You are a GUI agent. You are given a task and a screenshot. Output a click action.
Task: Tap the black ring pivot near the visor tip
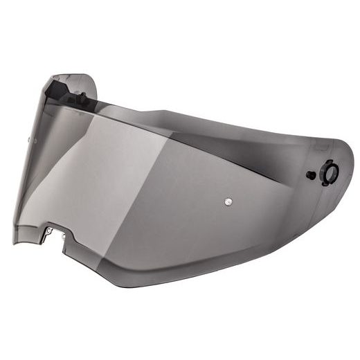click(330, 172)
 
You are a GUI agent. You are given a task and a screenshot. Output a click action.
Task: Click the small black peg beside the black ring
click(312, 175)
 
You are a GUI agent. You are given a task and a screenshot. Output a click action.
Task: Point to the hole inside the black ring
click(330, 172)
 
